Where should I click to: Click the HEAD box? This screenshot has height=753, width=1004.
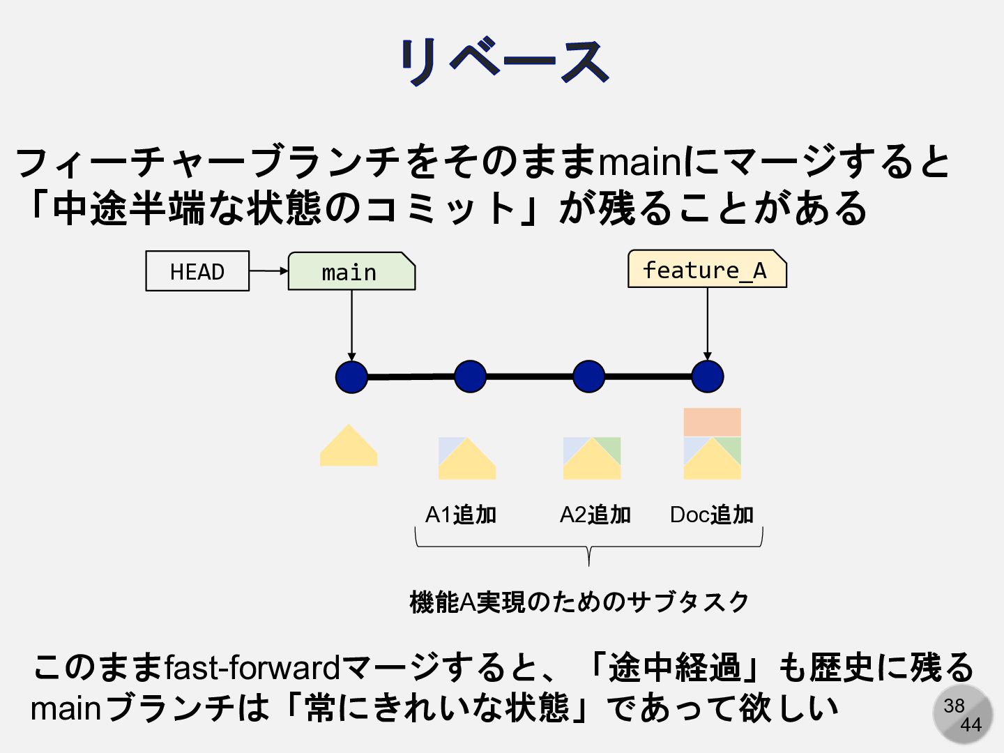pos(197,271)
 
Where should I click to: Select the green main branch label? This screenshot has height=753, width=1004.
pos(351,272)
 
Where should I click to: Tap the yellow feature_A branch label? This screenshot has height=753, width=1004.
pos(706,269)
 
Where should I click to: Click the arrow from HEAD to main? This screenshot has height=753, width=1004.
pos(268,271)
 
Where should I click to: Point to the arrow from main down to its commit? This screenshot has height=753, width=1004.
pos(351,324)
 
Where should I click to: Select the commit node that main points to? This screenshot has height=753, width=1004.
pos(351,376)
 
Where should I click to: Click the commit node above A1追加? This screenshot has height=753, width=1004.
pos(470,376)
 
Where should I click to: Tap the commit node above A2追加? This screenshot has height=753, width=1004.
pos(589,376)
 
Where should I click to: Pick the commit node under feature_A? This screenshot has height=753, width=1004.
pos(708,376)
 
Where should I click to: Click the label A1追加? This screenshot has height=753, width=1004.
pos(461,515)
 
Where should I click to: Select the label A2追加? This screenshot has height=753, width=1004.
pos(595,515)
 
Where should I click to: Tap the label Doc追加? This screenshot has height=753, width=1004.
pos(712,515)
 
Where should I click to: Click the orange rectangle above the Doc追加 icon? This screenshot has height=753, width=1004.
pos(712,422)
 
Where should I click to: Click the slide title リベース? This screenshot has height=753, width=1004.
pos(503,61)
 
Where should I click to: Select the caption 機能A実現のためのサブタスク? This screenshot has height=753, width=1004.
pos(579,602)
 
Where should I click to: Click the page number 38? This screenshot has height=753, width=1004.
pos(954,706)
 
